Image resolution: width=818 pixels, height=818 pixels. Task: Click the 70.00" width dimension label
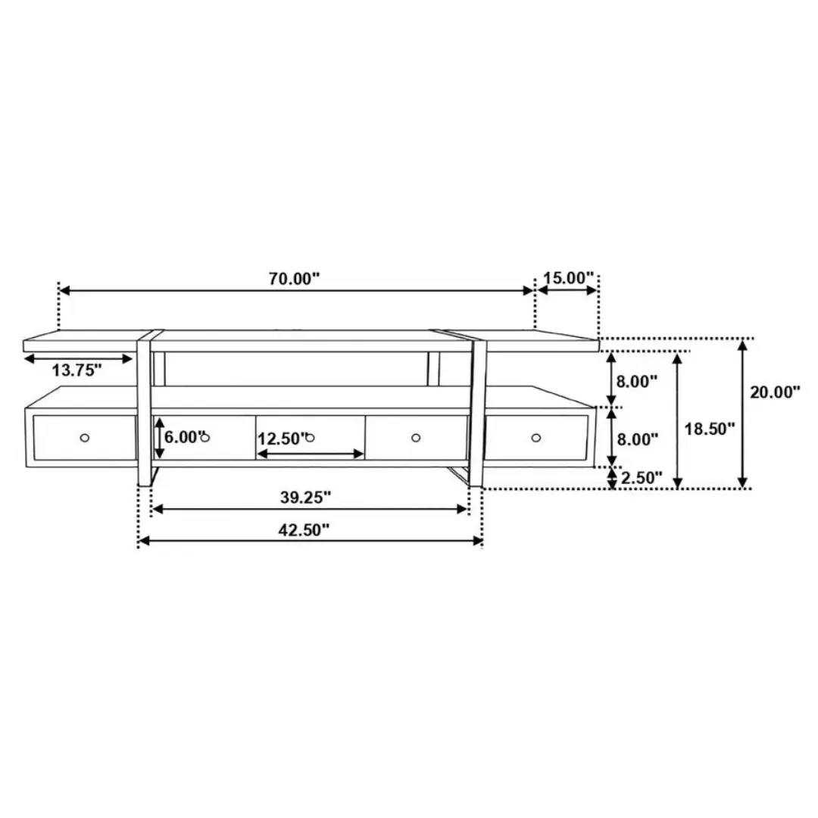[294, 279]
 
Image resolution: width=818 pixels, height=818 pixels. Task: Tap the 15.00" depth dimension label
[569, 278]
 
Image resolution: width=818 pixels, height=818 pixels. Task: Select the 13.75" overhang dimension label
[76, 370]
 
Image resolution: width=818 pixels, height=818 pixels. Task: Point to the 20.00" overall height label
[776, 392]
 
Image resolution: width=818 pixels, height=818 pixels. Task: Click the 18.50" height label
[710, 429]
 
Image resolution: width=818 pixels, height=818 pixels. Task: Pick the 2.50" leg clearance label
[642, 477]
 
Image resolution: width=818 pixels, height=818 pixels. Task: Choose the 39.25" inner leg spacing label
[306, 497]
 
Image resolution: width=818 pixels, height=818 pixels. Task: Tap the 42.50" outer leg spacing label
[304, 530]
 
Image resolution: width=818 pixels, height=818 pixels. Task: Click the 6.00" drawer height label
[183, 437]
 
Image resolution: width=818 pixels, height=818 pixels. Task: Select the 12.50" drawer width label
[281, 439]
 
